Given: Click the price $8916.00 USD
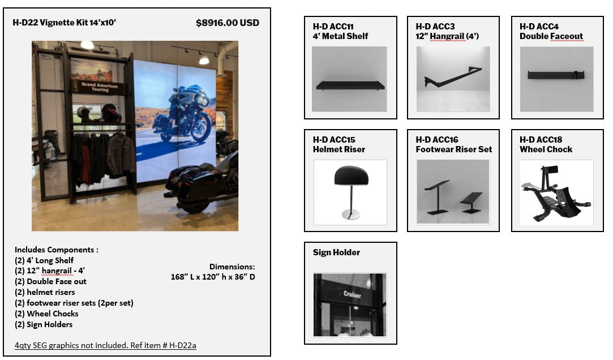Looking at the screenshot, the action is point(228,23).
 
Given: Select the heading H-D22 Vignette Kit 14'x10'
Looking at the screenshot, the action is point(64,23).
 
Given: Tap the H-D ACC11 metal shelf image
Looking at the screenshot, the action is point(349,79).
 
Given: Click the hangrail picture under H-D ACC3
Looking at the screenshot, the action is point(453,79).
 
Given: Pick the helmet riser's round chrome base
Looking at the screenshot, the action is point(351,214).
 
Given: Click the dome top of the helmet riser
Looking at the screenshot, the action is point(351,175).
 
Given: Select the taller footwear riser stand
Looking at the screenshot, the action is point(437,198).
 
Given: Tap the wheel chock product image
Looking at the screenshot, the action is point(557,192).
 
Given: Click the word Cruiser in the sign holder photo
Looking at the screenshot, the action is point(352,294).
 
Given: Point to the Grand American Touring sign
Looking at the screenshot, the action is point(99,87).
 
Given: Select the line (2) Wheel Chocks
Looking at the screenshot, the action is point(46,314).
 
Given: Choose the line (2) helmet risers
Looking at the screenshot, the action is point(45,293).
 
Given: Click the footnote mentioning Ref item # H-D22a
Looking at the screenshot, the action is point(105,345).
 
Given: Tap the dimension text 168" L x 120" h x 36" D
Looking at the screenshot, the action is point(213,277).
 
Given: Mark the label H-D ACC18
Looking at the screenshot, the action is point(541,140).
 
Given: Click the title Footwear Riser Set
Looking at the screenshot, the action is point(454,149).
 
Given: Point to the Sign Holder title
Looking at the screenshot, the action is point(337,252).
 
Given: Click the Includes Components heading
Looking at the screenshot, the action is point(57,250).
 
